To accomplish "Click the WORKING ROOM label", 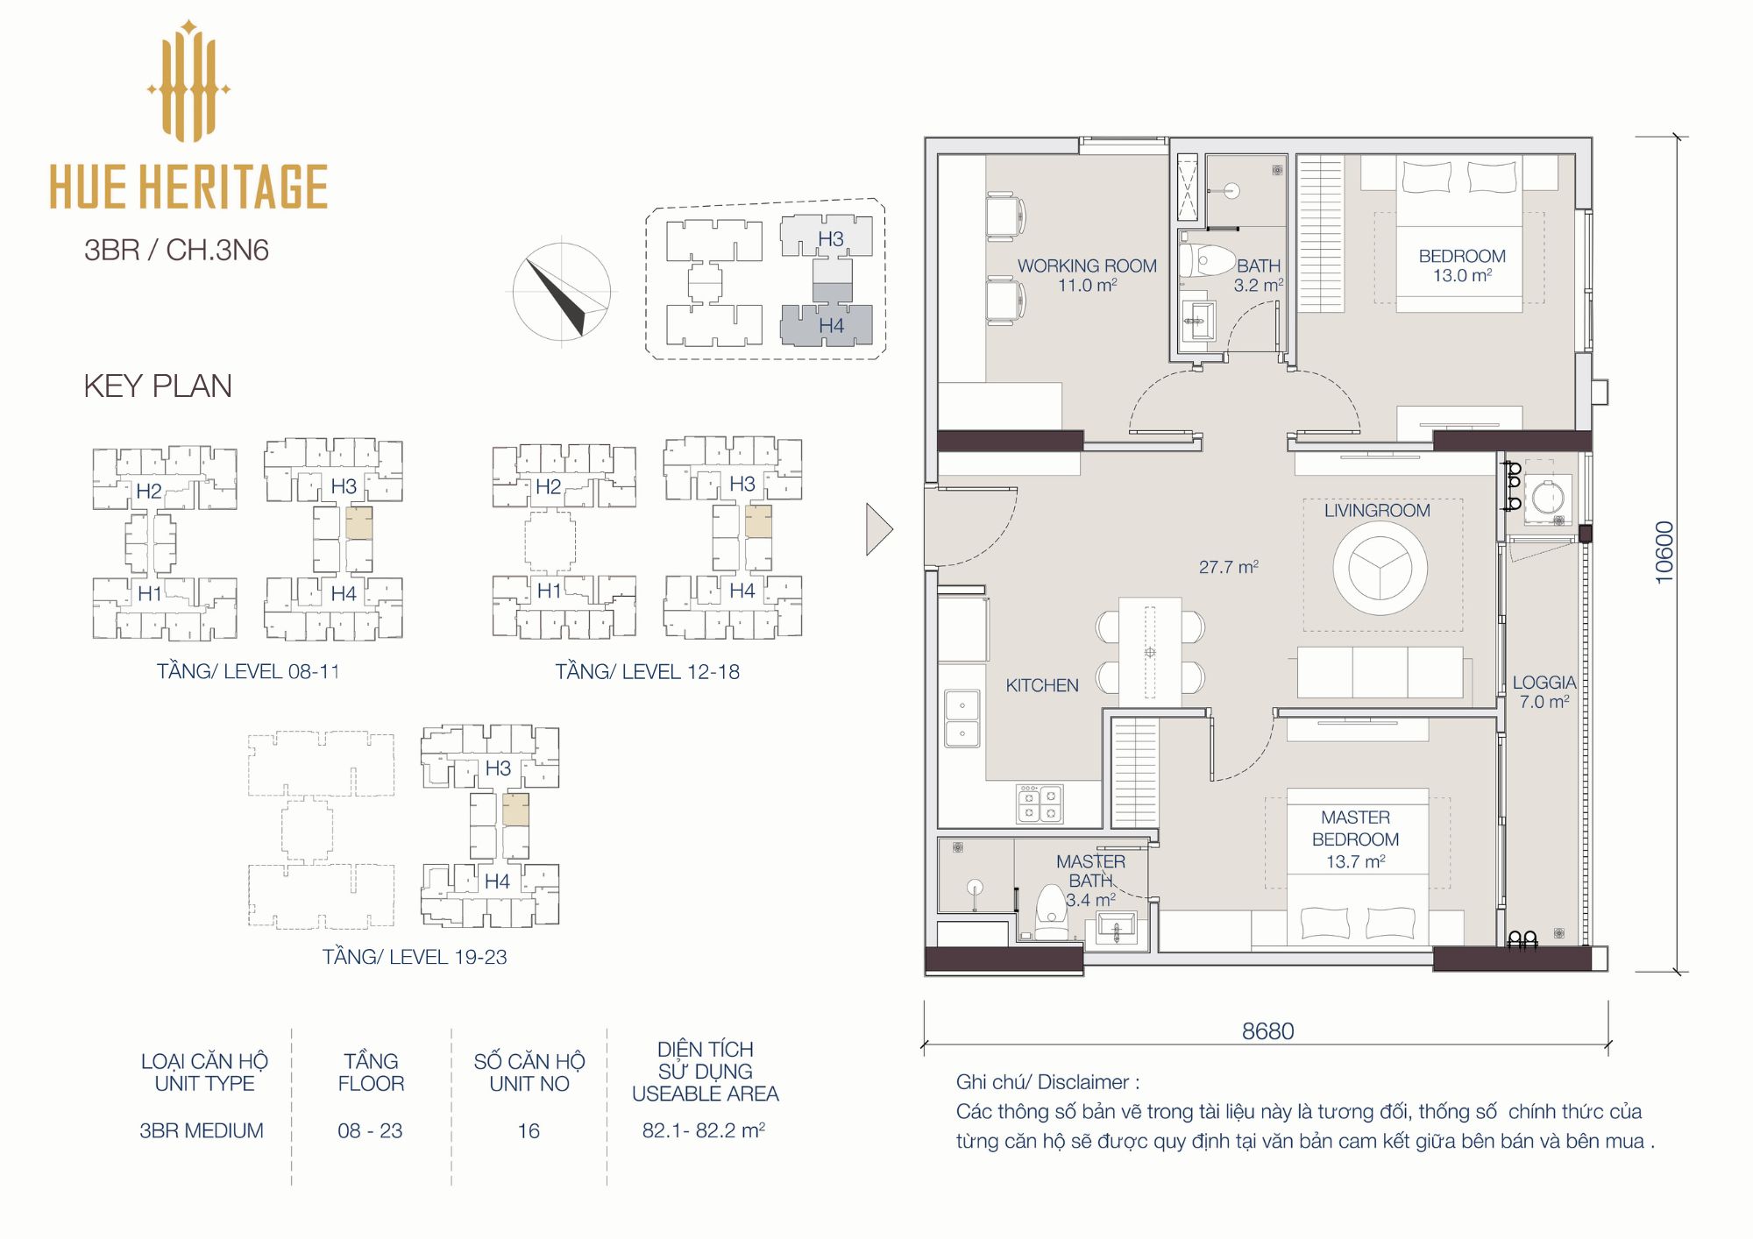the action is coord(1087,265).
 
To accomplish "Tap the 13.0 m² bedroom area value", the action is coord(1462,275).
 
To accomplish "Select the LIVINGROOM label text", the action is coord(1377,510).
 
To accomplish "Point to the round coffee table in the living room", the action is coord(1380,568).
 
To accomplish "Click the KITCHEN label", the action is coord(1042,685).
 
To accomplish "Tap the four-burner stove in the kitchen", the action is coord(1040,804).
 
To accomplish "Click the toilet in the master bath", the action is coord(1052,912).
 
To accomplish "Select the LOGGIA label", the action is coord(1544,682).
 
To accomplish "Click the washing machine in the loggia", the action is coord(1548,499).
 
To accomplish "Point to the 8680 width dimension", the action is coord(1267,1030).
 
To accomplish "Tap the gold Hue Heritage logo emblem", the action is coord(188,81).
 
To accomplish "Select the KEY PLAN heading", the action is coord(158,386).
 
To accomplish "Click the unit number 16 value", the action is coord(529,1130).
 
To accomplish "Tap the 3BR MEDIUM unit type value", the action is coord(202,1130).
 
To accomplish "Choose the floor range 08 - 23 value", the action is coord(370,1130).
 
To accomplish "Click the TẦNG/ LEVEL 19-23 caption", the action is coord(415,956).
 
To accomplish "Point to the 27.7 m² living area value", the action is coord(1229,567).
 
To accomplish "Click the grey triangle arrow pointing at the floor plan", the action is coord(878,529).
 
